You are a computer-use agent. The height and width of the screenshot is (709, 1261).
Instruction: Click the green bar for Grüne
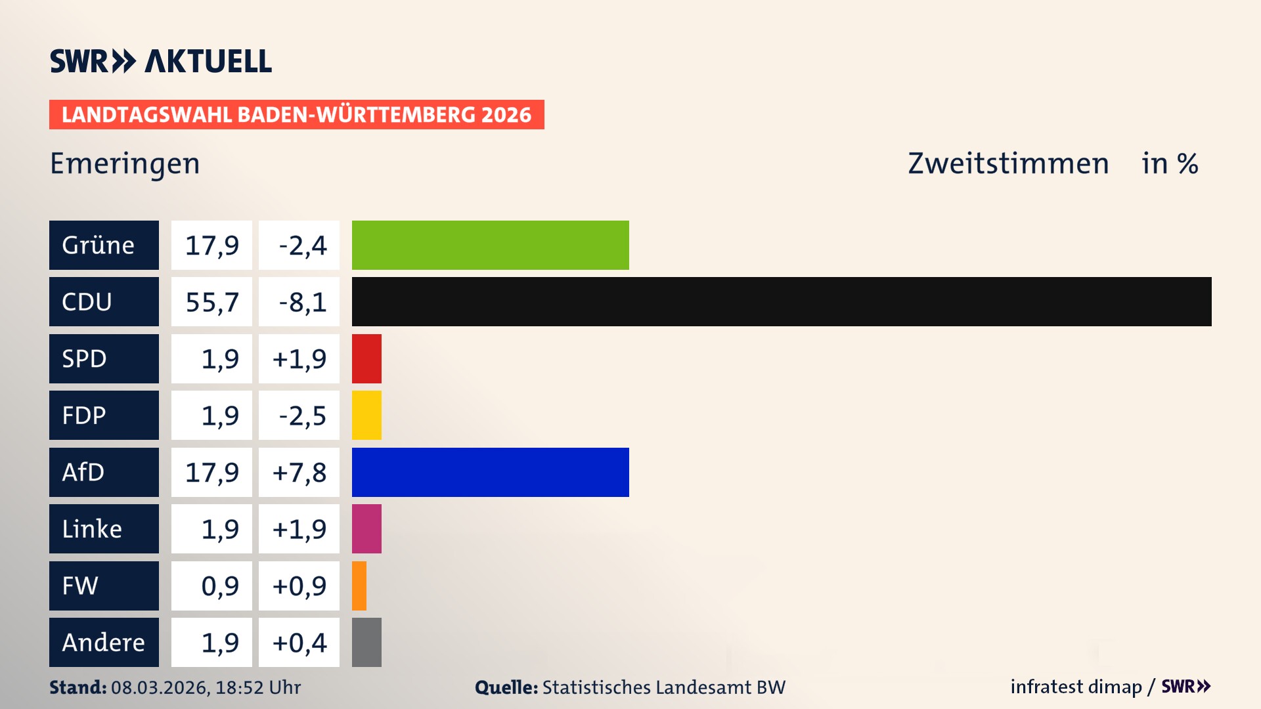pyautogui.click(x=490, y=245)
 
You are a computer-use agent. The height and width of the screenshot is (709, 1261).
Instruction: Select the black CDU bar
pyautogui.click(x=782, y=301)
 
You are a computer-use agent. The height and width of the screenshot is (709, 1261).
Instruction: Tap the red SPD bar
pyautogui.click(x=366, y=358)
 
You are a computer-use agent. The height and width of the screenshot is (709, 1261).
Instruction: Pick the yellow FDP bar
pyautogui.click(x=366, y=415)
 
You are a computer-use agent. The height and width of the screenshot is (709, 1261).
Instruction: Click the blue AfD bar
pyautogui.click(x=490, y=472)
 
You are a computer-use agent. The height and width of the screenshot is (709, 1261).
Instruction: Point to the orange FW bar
pyautogui.click(x=359, y=586)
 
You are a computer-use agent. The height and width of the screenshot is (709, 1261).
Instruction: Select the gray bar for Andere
pyautogui.click(x=366, y=642)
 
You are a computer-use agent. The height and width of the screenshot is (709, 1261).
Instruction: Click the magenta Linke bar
pyautogui.click(x=366, y=528)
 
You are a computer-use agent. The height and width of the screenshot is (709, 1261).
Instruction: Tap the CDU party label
pyautogui.click(x=104, y=301)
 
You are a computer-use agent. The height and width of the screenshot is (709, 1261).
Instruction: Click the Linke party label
pyautogui.click(x=104, y=528)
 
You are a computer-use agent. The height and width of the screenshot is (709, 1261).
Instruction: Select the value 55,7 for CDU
pyautogui.click(x=211, y=301)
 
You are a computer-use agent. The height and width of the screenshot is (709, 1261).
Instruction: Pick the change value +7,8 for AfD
pyautogui.click(x=299, y=472)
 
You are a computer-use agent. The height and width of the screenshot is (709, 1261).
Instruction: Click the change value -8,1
pyautogui.click(x=299, y=301)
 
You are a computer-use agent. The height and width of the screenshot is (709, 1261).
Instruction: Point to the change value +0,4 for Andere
pyautogui.click(x=299, y=642)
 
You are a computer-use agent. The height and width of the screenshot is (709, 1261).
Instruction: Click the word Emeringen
pyautogui.click(x=125, y=163)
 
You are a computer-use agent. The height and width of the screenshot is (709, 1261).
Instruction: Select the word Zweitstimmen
pyautogui.click(x=1008, y=163)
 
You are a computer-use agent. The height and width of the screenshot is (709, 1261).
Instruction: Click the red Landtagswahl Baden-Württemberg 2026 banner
pyautogui.click(x=296, y=114)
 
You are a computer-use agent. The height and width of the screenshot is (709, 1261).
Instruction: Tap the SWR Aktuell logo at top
pyautogui.click(x=160, y=61)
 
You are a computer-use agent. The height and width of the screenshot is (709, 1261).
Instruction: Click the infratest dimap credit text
pyautogui.click(x=1076, y=687)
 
